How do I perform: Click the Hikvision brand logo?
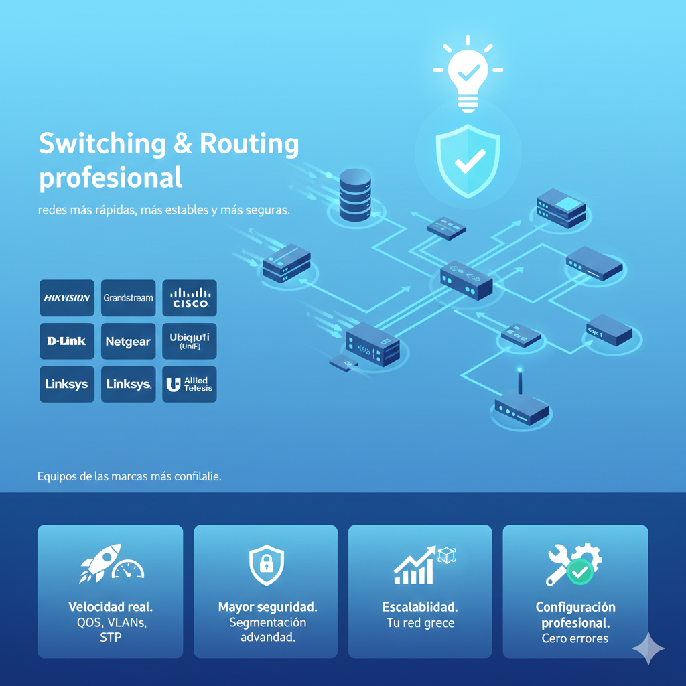[x=67, y=297]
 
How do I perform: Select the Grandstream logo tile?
[x=128, y=297]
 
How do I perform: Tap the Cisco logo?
[x=190, y=297]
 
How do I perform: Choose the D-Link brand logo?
[x=67, y=341]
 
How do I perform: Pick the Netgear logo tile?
[x=128, y=341]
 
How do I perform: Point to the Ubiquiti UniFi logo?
[x=190, y=341]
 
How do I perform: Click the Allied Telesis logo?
[x=190, y=385]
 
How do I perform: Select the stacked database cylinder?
[x=355, y=194]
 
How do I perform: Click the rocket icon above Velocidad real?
[x=100, y=563]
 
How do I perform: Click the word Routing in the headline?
[x=240, y=144]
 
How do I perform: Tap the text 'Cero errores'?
[x=575, y=638]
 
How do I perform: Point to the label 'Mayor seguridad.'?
[x=267, y=607]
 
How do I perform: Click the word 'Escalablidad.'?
[x=420, y=607]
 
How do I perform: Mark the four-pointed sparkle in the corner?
[x=648, y=648]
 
